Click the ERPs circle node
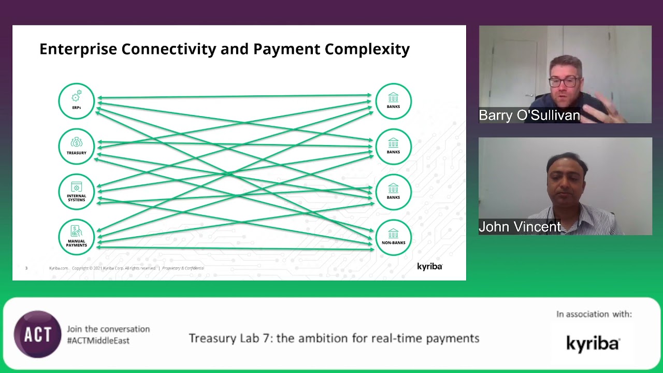[77, 101]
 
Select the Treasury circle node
[77, 146]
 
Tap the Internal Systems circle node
[77, 192]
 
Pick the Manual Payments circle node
[77, 237]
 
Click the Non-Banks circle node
[393, 237]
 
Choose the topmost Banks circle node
[393, 101]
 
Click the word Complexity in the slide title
[367, 49]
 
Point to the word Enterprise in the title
[78, 49]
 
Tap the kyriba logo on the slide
[429, 266]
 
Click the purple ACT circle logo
[37, 334]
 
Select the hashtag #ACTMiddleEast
[98, 340]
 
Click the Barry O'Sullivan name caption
[529, 115]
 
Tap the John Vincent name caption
[520, 227]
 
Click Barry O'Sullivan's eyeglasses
[564, 82]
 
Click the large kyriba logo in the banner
[593, 343]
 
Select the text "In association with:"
[594, 314]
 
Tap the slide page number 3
[26, 268]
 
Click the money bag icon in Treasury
[77, 142]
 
